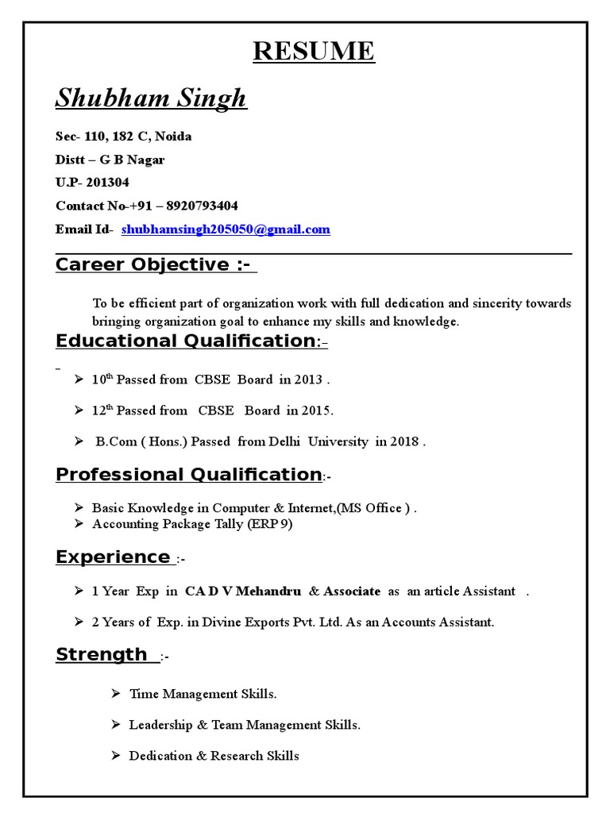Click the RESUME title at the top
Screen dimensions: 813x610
pyautogui.click(x=313, y=51)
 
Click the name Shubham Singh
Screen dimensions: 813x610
pyautogui.click(x=151, y=98)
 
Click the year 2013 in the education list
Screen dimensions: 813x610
pyautogui.click(x=308, y=380)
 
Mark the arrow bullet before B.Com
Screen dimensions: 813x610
pyautogui.click(x=79, y=441)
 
